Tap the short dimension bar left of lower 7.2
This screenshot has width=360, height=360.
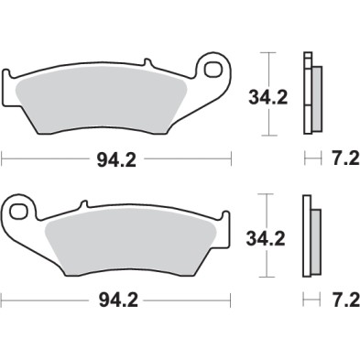pyautogui.click(x=307, y=299)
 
